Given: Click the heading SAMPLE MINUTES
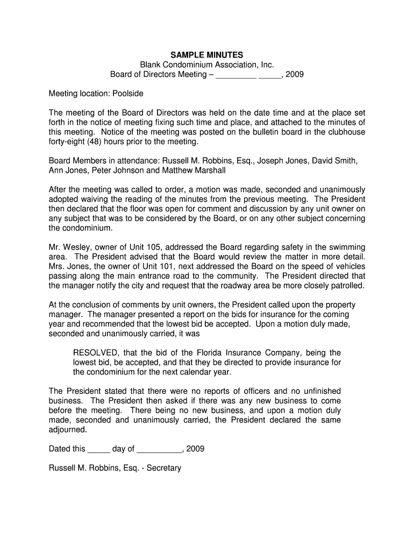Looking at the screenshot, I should pos(207,55).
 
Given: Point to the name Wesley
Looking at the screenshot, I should pos(78,247).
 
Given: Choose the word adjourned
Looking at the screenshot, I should pos(68,430).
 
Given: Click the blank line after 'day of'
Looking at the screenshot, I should pos(156,450).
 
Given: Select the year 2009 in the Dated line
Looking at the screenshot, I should pos(195,449).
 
